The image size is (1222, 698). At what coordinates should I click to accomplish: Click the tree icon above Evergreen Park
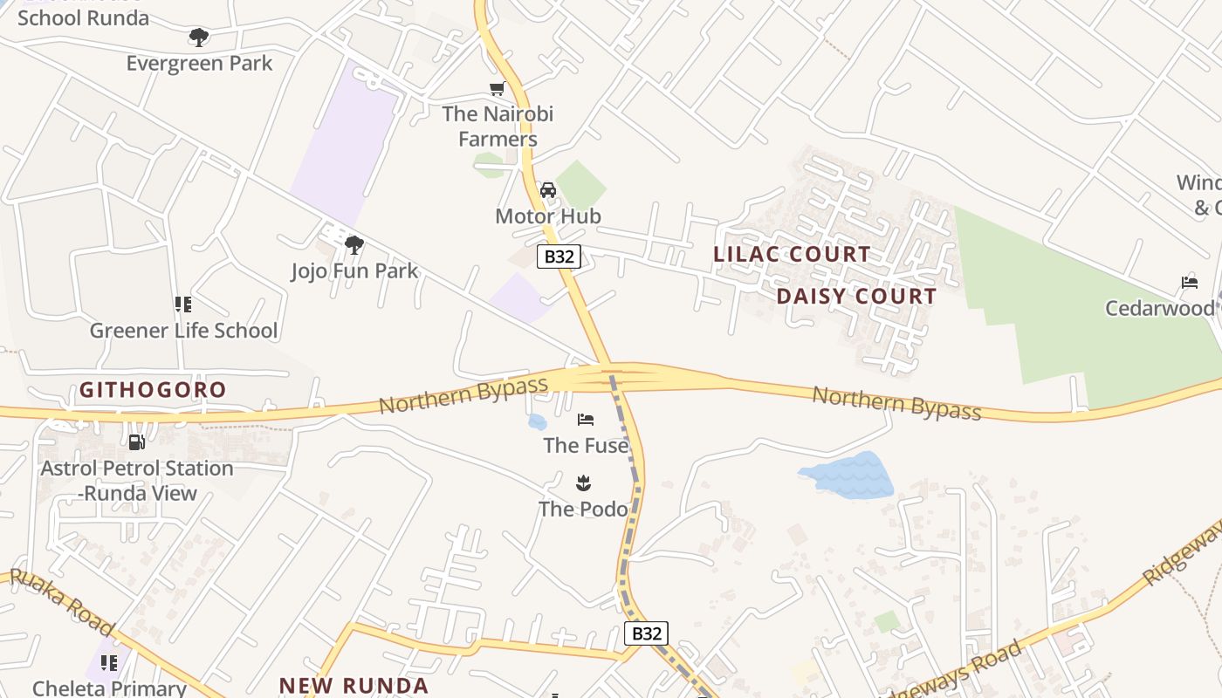[x=199, y=38]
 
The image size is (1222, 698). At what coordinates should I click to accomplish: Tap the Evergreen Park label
[x=199, y=64]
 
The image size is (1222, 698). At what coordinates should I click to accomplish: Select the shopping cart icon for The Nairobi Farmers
[x=498, y=88]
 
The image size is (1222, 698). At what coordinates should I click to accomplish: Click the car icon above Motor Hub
[x=548, y=189]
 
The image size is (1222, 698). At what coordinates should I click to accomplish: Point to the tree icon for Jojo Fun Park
[x=354, y=245]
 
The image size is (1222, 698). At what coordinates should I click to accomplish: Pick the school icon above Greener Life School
[x=183, y=305]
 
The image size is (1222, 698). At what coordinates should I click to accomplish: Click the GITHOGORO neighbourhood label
[x=153, y=390]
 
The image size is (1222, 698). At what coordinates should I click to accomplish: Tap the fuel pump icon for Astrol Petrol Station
[x=136, y=442]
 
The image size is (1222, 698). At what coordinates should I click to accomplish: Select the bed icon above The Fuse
[x=586, y=421]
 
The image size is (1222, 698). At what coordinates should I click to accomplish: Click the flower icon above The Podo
[x=583, y=482]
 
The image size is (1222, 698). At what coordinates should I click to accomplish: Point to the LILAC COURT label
[x=792, y=255]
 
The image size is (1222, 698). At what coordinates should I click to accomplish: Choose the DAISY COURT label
[x=856, y=297]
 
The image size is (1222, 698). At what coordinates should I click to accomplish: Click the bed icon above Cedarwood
[x=1190, y=282]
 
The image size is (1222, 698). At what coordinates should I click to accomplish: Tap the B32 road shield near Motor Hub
[x=559, y=257]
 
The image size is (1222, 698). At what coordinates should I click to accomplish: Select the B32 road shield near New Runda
[x=647, y=633]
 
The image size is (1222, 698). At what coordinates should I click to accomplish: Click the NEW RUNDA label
[x=354, y=685]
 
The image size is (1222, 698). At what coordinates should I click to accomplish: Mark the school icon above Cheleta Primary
[x=109, y=663]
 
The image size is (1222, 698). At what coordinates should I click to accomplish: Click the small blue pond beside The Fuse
[x=537, y=422]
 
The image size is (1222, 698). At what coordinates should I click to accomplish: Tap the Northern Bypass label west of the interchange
[x=463, y=395]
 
